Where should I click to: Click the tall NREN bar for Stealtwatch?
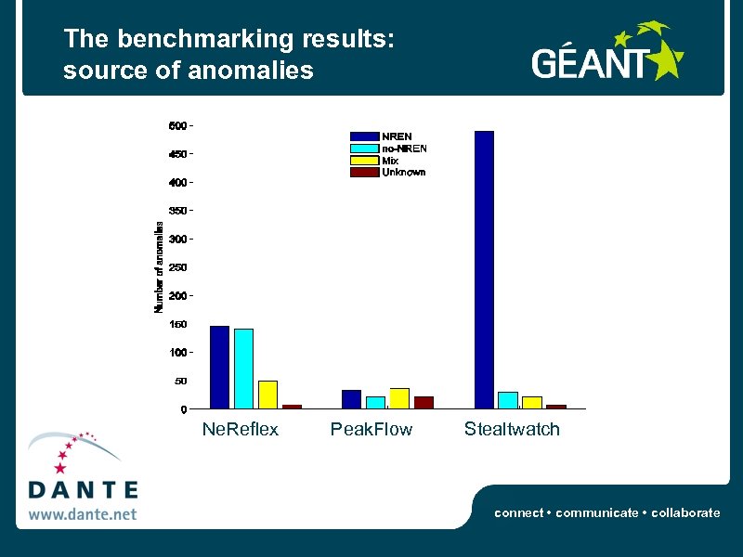(x=484, y=269)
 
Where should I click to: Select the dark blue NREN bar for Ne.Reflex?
(x=219, y=367)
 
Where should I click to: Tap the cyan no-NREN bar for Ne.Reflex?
(x=243, y=369)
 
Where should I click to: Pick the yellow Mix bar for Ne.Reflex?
(x=267, y=395)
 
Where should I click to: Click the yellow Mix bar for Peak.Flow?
(x=399, y=398)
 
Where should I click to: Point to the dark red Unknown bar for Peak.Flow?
(x=424, y=402)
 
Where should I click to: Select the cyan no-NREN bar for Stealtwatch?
(x=508, y=400)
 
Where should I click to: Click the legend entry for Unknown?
(x=403, y=172)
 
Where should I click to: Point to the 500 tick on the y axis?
(x=177, y=125)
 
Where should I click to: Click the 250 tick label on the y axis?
(x=177, y=267)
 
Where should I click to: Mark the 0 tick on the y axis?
(x=183, y=409)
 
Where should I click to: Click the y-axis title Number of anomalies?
(x=159, y=266)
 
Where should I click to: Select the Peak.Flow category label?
(x=371, y=429)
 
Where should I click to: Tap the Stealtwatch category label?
(x=512, y=429)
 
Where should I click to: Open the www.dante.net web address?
(x=82, y=513)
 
